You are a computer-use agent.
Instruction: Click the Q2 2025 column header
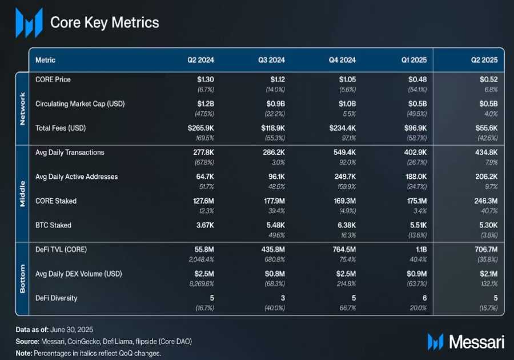click(485, 60)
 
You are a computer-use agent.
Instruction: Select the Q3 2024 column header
click(271, 60)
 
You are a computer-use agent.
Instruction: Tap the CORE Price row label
click(53, 79)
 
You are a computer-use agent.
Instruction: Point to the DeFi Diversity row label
click(56, 298)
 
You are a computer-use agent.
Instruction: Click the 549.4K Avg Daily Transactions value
click(343, 153)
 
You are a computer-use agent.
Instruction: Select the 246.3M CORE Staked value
click(484, 201)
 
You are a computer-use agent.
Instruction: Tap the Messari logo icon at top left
click(29, 23)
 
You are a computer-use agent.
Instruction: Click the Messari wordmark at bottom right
click(476, 342)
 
